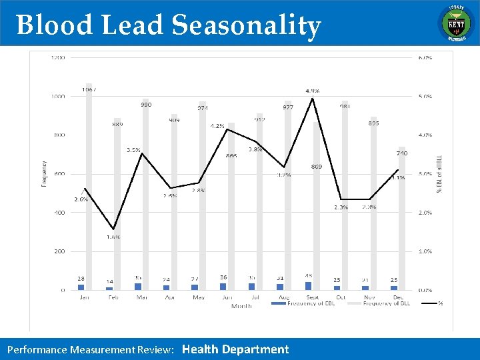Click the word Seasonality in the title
pos(246,25)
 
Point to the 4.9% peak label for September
pos(312,91)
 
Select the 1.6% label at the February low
pos(113,237)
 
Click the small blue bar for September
pos(308,285)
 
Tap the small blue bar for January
pos(81,287)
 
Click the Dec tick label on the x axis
pos(397,297)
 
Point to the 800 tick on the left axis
pos(60,135)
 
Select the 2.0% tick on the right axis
pos(425,213)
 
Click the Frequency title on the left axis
pos(45,173)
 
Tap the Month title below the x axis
pos(241,306)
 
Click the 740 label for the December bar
pos(402,153)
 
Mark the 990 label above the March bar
pos(145,105)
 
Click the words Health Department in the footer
pos(235,349)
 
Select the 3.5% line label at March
pos(133,150)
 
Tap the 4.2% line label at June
pos(217,125)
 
